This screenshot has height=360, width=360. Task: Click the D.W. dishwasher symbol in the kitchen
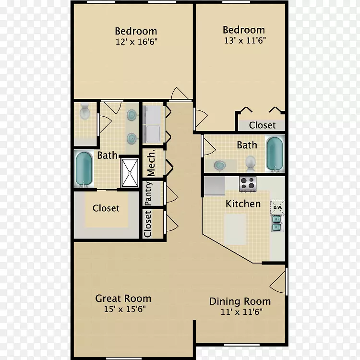click(x=277, y=207)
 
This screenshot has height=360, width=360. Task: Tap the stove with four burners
click(x=248, y=184)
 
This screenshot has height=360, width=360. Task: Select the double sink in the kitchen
click(x=276, y=223)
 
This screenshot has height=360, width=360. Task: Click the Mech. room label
click(x=151, y=163)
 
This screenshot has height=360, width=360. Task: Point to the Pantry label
click(x=148, y=193)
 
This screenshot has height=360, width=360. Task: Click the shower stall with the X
click(x=130, y=173)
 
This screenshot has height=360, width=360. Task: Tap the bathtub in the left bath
click(x=84, y=169)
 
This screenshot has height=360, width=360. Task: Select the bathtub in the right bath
click(x=275, y=154)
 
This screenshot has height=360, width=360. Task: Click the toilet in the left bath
click(x=84, y=111)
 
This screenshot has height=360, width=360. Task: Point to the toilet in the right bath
click(x=250, y=164)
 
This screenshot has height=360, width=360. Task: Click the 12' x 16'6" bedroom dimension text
click(x=136, y=42)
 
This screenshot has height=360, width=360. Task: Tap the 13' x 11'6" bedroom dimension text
click(x=245, y=41)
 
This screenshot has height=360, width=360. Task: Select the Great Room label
click(x=123, y=299)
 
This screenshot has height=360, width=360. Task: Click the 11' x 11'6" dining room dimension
click(x=241, y=312)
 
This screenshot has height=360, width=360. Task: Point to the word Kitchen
click(x=243, y=204)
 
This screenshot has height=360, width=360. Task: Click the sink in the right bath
click(x=220, y=165)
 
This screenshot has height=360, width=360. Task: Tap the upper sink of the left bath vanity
click(x=132, y=115)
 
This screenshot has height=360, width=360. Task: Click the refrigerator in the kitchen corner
click(x=215, y=186)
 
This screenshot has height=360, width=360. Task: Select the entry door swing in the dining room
click(x=278, y=282)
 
